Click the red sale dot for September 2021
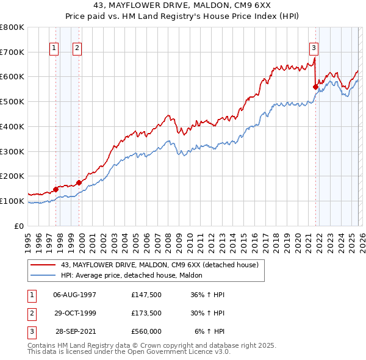[x=315, y=87]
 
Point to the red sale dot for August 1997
[x=56, y=189]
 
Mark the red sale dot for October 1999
[x=79, y=182]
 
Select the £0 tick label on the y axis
[x=18, y=226]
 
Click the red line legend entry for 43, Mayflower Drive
[x=160, y=265]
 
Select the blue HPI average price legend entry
[x=135, y=275]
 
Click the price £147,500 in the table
[x=146, y=295]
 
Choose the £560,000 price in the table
[x=146, y=331]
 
